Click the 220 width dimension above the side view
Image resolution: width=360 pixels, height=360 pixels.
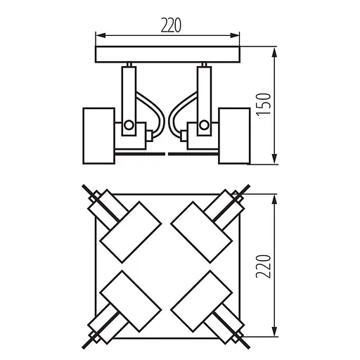tap(167, 25)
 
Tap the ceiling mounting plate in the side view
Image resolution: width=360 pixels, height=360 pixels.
tap(167, 55)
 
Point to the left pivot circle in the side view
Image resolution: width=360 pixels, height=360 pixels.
tap(129, 126)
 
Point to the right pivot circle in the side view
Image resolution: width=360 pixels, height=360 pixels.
tap(204, 126)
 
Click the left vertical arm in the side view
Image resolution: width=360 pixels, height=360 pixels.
tap(129, 91)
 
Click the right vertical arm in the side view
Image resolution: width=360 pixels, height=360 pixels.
tap(204, 91)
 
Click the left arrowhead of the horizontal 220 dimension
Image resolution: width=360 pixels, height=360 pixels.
tap(98, 35)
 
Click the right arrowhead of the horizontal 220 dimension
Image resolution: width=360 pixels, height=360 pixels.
tap(239, 35)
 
